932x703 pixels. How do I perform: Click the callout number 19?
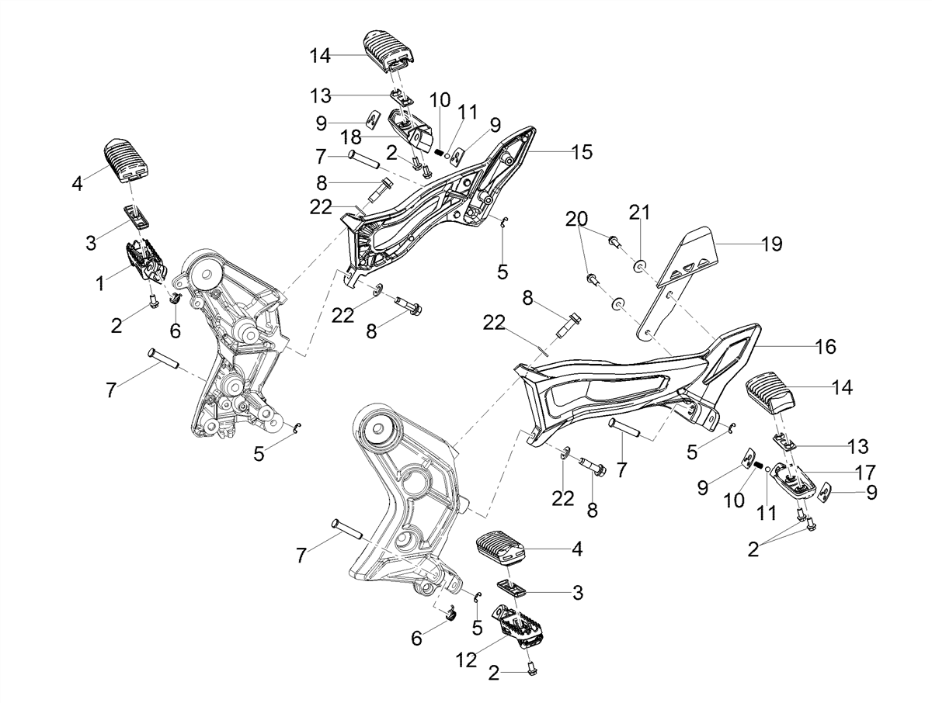[772, 244]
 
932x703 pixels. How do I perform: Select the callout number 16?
[825, 346]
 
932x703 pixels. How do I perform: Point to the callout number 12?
[467, 660]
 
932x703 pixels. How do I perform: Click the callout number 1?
[101, 283]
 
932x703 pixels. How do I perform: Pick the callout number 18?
[351, 137]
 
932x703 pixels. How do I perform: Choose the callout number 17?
[864, 472]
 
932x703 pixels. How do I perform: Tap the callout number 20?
[576, 219]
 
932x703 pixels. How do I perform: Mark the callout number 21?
[639, 212]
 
